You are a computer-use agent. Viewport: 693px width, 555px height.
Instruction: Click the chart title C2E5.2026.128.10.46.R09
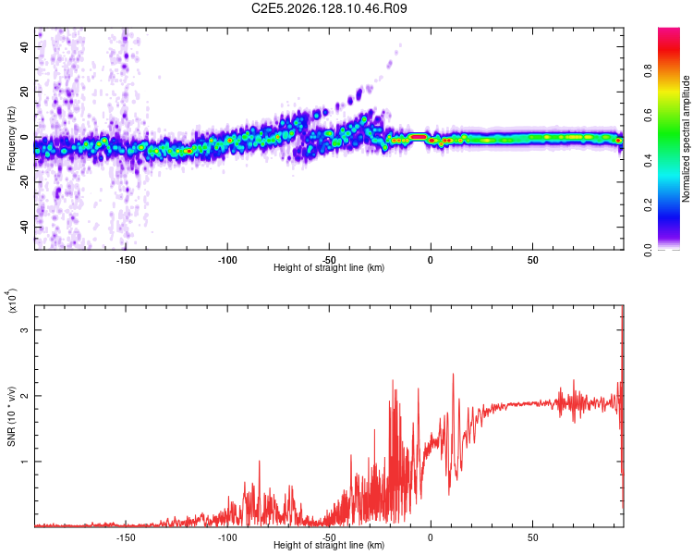329,8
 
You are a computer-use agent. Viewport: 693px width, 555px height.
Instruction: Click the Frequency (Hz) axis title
11,139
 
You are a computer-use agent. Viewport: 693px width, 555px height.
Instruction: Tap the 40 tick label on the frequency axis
25,46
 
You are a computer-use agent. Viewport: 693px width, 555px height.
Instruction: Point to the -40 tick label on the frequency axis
25,227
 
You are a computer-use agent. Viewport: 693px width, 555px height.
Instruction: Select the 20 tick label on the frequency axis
25,92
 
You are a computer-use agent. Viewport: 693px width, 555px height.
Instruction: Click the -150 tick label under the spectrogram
126,260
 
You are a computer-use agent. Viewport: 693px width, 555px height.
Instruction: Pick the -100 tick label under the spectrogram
227,260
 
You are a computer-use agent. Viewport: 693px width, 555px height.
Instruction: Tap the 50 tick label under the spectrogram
532,260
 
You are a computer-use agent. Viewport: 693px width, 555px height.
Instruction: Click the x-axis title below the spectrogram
329,267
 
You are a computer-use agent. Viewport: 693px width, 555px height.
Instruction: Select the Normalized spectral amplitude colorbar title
686,139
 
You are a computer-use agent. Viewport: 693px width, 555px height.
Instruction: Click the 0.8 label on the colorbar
648,71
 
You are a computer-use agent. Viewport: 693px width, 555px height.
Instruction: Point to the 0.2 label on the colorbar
648,205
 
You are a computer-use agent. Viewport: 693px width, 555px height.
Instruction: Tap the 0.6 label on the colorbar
648,116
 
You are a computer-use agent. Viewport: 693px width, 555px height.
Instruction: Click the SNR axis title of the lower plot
11,416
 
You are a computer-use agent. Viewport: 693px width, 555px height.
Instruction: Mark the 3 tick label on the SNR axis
25,330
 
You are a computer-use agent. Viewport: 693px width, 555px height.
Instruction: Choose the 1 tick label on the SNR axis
25,462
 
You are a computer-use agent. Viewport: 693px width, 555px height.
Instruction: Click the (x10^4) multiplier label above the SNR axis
12,301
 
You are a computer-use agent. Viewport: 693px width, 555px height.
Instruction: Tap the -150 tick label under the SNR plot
126,537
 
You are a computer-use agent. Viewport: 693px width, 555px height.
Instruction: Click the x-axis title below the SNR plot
329,545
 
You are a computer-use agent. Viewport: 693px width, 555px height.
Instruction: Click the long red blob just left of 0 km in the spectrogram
418,137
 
